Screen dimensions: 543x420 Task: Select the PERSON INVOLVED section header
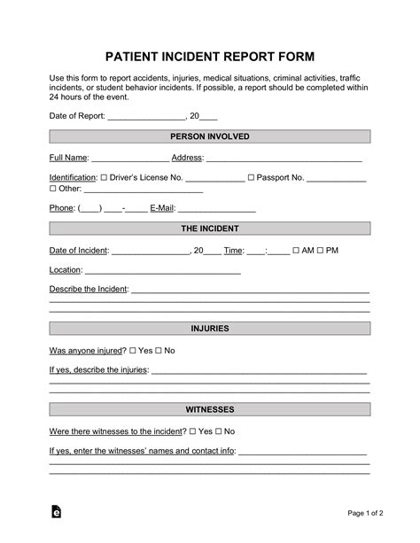click(209, 136)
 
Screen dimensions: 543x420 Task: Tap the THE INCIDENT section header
click(209, 229)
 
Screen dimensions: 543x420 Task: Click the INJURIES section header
click(209, 329)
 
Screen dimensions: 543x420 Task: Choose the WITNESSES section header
click(209, 410)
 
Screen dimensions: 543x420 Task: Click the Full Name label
click(69, 158)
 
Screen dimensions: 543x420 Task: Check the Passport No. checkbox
click(251, 178)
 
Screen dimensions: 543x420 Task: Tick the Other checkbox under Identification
click(52, 189)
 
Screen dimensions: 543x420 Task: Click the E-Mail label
click(163, 209)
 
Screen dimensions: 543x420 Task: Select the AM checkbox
click(296, 251)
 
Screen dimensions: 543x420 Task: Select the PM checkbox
click(320, 251)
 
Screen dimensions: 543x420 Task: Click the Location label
click(66, 270)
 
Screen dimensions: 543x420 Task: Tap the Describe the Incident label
click(89, 290)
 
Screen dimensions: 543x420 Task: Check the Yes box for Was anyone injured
click(134, 351)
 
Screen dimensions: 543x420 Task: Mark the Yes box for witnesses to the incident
click(193, 431)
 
